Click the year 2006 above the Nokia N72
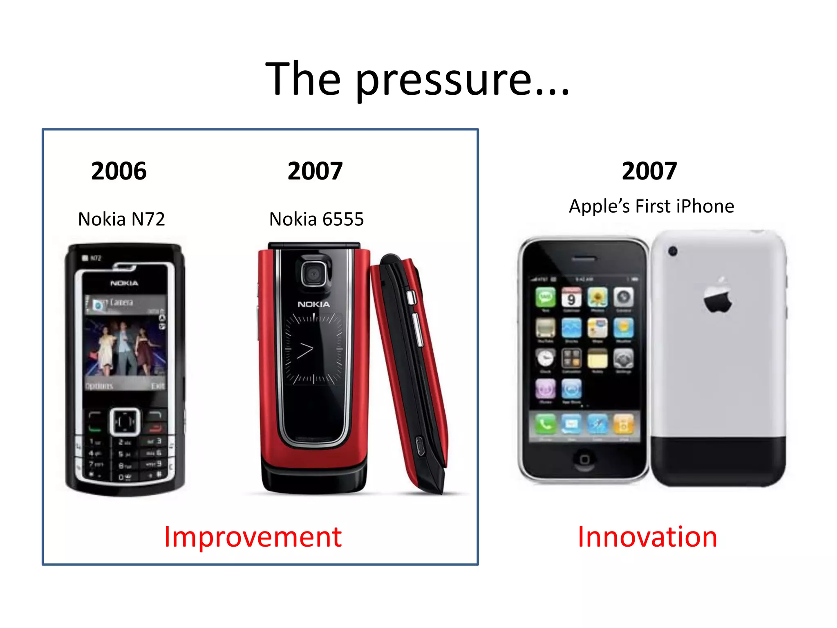(x=119, y=171)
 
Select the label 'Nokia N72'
(x=121, y=219)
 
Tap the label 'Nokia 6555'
(x=316, y=219)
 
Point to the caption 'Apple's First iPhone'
(x=651, y=206)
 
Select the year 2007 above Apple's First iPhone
(x=649, y=171)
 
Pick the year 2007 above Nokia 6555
(x=315, y=171)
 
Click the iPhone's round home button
(x=584, y=459)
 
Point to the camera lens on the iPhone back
(x=673, y=251)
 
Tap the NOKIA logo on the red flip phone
(x=313, y=304)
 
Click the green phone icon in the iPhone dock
(x=546, y=424)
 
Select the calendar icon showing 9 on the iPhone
(x=571, y=297)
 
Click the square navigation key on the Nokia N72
(x=125, y=421)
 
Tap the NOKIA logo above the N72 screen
(x=124, y=283)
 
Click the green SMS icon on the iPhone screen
(x=546, y=297)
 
